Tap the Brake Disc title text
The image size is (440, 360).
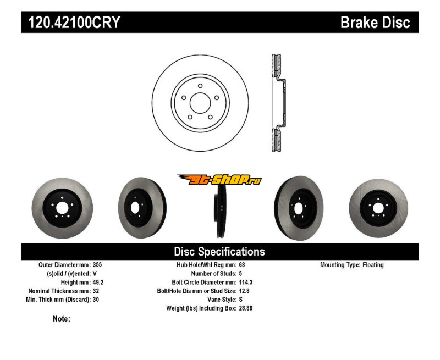pos(375,23)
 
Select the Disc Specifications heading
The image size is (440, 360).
pos(219,252)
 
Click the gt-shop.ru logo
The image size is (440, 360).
pos(219,180)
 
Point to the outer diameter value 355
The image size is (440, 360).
pos(97,265)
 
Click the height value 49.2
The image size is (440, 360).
pos(98,283)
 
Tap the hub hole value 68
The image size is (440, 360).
pos(242,265)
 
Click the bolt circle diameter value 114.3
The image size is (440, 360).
pos(246,283)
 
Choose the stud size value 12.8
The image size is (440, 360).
pos(244,291)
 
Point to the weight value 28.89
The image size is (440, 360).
pos(246,309)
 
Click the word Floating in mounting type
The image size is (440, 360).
pos(373,265)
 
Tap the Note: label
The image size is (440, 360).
pos(62,319)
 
